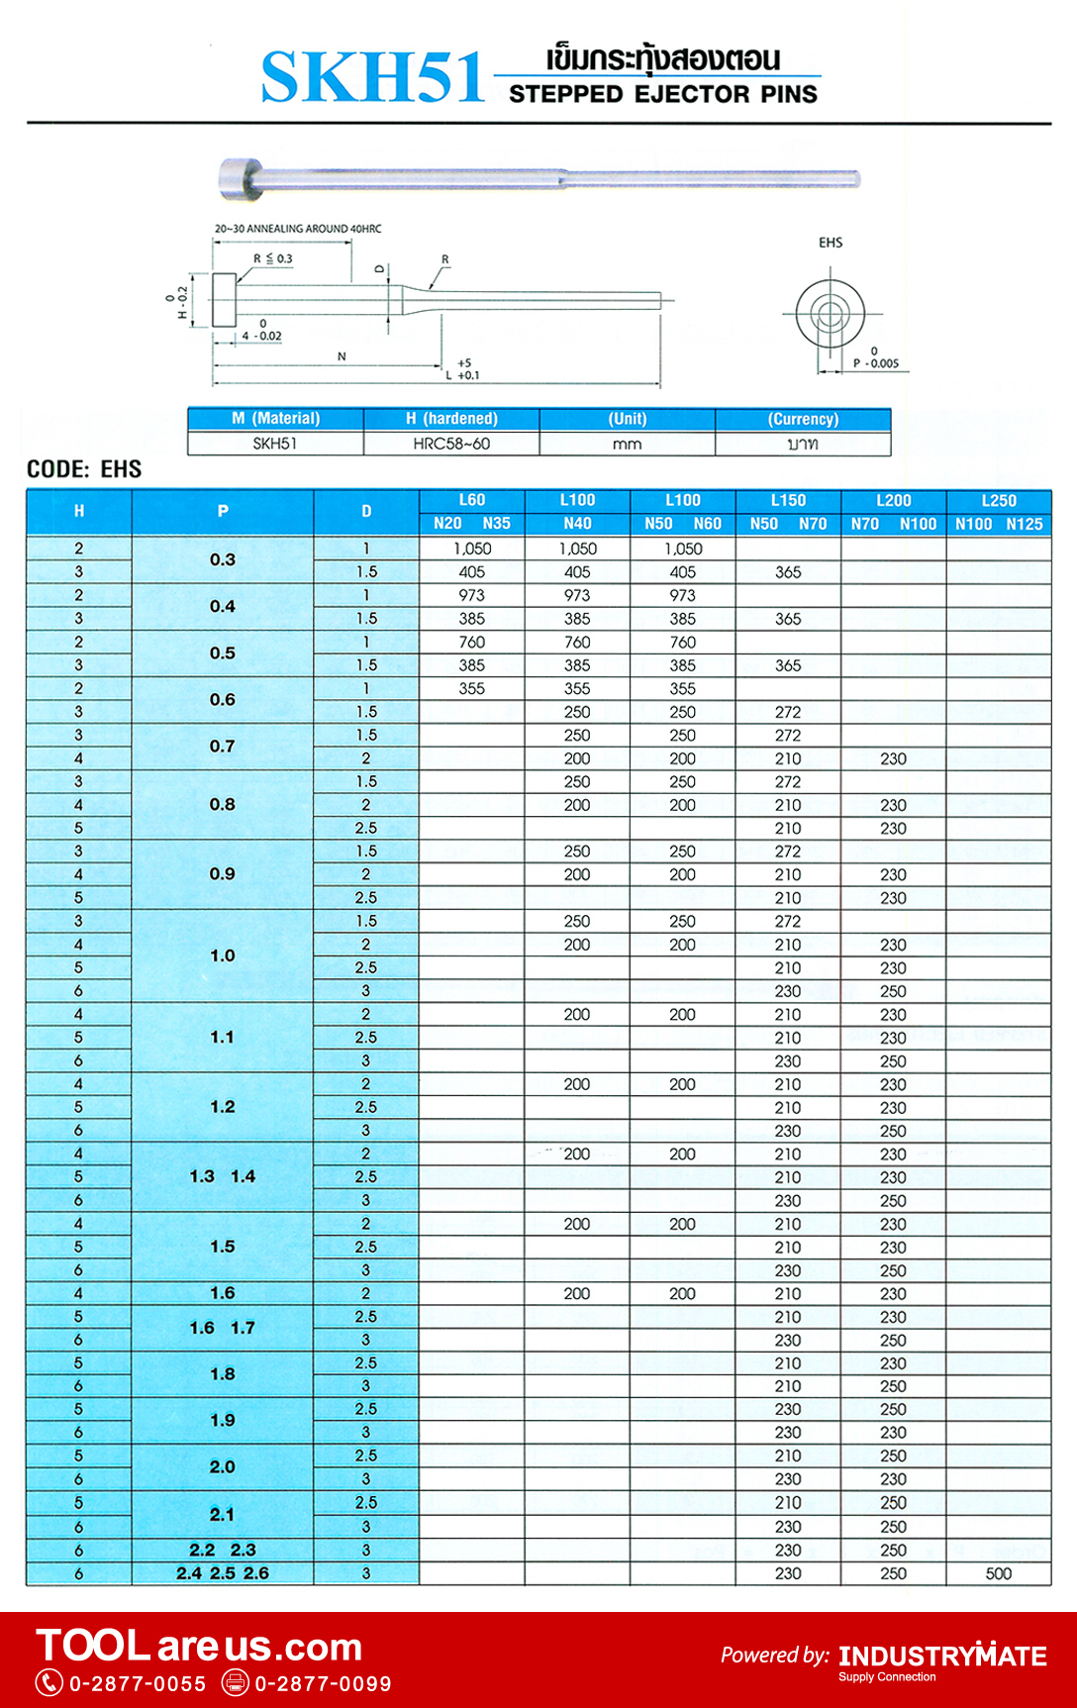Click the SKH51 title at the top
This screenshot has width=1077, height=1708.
(x=372, y=78)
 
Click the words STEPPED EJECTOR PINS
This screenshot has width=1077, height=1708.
(x=663, y=95)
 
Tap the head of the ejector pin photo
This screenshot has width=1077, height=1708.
(x=239, y=179)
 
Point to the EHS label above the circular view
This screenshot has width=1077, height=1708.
(x=831, y=243)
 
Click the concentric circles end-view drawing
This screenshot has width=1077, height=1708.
(x=830, y=314)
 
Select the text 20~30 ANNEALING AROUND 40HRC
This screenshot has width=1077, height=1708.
(x=298, y=229)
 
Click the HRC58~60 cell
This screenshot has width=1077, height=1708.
(x=451, y=444)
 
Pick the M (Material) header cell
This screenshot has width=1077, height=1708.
(x=276, y=419)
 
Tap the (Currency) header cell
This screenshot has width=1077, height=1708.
(x=803, y=419)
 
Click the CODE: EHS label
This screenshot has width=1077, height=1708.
(x=84, y=469)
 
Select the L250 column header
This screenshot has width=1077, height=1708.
(x=999, y=501)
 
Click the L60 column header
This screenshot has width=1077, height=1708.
(x=472, y=501)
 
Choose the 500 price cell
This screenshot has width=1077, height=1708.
(x=999, y=1573)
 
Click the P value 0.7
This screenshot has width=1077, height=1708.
(x=223, y=747)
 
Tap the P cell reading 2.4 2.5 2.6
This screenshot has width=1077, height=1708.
(x=223, y=1573)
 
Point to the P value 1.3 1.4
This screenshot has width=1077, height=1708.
(x=223, y=1177)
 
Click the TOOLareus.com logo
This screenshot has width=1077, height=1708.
(x=199, y=1647)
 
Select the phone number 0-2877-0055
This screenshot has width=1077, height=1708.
(x=138, y=1684)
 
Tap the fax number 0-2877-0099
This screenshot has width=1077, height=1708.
(x=323, y=1684)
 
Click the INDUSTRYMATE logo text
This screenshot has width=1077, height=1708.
(x=942, y=1657)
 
